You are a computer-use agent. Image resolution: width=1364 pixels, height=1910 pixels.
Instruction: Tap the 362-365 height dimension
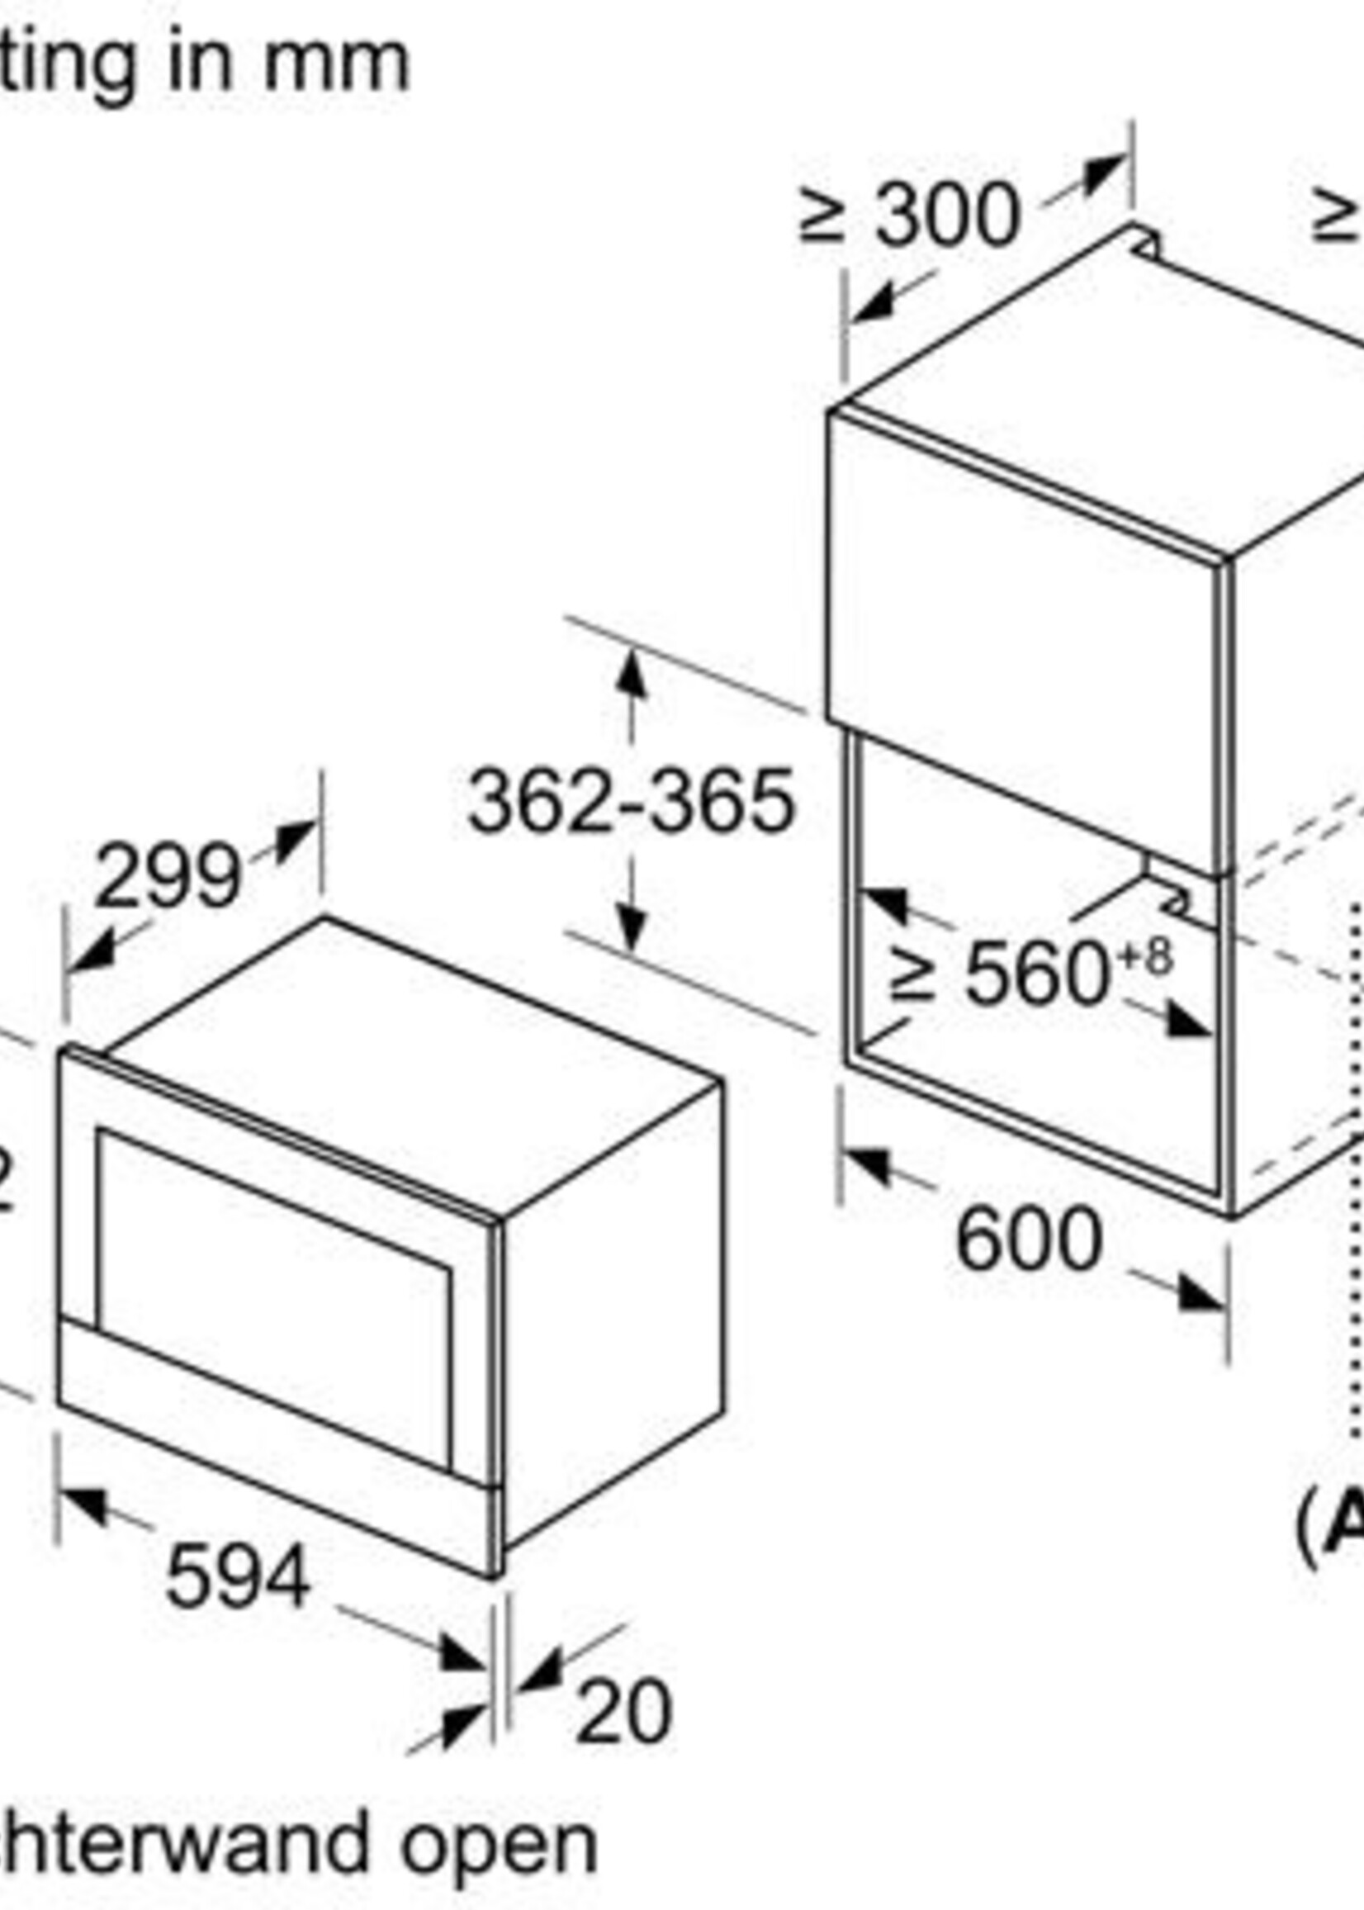(630, 802)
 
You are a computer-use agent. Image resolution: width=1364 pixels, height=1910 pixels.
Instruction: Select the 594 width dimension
(239, 1578)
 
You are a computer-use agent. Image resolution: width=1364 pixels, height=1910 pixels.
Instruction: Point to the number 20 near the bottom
(623, 1710)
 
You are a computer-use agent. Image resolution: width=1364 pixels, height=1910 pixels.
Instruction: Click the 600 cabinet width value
(1028, 1239)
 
